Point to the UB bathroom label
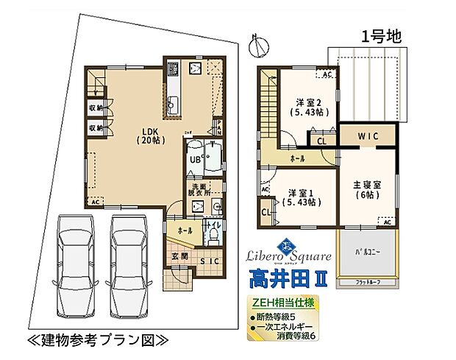pyautogui.click(x=196, y=158)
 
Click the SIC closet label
pyautogui.click(x=211, y=260)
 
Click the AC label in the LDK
pyautogui.click(x=95, y=201)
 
